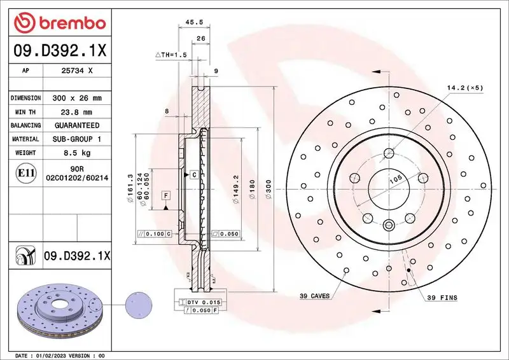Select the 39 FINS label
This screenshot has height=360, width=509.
tap(442, 297)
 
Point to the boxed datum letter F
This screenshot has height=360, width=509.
tap(165, 195)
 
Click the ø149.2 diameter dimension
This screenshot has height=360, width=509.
tap(235, 189)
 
